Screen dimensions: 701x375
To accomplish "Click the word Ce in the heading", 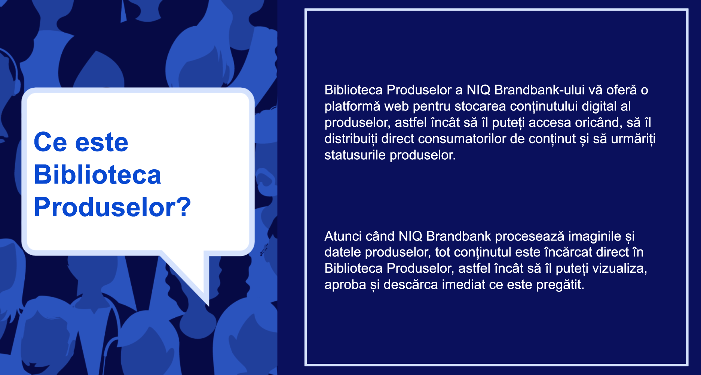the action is tap(50, 142).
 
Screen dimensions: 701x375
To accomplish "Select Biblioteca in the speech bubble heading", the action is tap(97, 175).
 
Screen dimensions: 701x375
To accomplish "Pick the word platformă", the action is tap(352, 106).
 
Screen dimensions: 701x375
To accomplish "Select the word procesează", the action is tap(530, 236).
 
